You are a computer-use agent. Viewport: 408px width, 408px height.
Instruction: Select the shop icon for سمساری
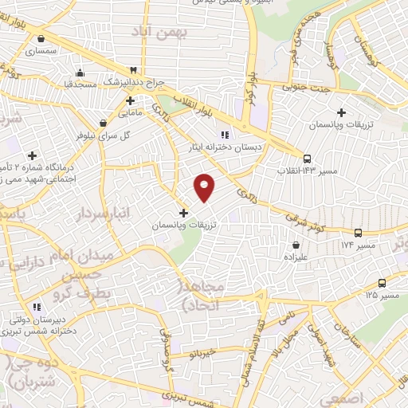[x=40, y=37]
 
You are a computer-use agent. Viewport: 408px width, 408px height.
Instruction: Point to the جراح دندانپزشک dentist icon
[x=143, y=69]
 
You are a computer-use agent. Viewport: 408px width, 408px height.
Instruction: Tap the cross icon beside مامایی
[x=130, y=101]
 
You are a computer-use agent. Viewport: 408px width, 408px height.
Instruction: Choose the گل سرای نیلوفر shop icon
[x=103, y=124]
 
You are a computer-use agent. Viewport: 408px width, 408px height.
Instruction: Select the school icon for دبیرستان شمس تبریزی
[x=36, y=307]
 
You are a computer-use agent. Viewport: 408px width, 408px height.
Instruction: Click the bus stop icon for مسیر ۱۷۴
[x=358, y=233]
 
